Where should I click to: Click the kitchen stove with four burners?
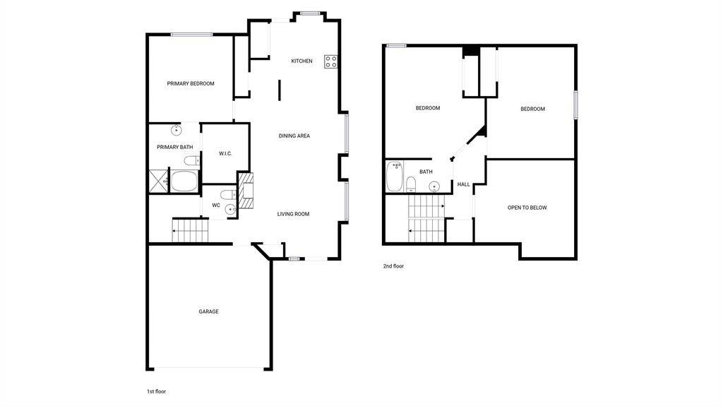click(330, 61)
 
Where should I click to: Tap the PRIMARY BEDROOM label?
click(191, 83)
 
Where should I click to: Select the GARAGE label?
click(208, 311)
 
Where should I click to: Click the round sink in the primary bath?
click(176, 130)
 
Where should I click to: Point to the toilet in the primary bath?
click(192, 160)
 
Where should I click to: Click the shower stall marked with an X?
click(158, 181)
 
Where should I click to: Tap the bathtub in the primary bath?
click(184, 181)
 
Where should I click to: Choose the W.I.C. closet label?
click(225, 154)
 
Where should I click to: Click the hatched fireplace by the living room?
click(246, 191)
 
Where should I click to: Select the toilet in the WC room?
click(228, 193)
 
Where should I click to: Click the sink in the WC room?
click(230, 210)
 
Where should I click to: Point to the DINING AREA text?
click(294, 136)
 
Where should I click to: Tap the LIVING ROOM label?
click(293, 214)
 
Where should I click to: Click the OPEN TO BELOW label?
click(527, 208)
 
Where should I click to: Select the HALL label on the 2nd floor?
click(463, 184)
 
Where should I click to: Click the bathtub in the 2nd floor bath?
click(395, 176)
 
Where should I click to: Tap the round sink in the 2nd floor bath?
click(434, 186)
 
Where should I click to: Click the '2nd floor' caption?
click(393, 266)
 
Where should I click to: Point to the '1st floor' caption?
click(156, 392)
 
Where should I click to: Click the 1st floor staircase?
click(191, 230)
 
